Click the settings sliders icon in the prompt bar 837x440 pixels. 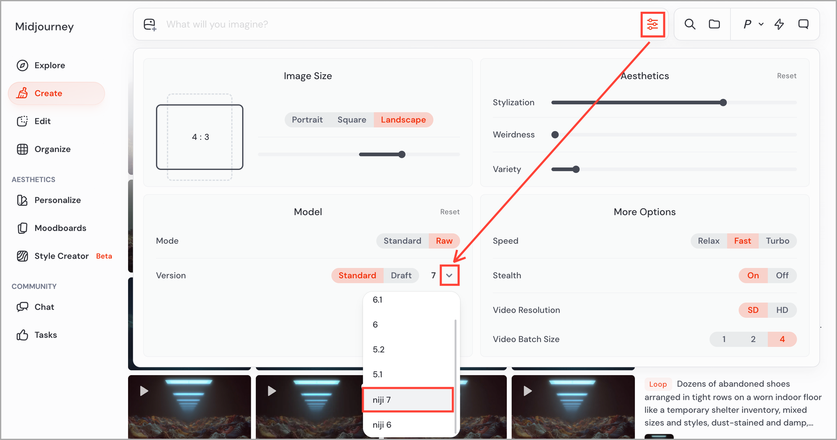tap(652, 24)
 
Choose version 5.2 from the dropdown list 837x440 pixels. tap(378, 350)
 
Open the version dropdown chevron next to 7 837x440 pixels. tap(449, 275)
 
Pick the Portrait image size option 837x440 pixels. tap(307, 120)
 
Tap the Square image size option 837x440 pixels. tap(352, 120)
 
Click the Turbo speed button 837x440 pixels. tap(778, 241)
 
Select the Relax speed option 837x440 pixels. tap(709, 241)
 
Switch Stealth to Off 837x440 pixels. tap(782, 275)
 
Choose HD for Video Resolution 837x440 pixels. tap(782, 310)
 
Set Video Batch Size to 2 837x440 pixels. tap(753, 339)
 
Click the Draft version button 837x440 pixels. tap(401, 275)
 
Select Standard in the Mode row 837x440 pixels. tap(402, 241)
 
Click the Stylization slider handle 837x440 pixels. tap(723, 103)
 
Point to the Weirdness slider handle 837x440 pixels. tap(555, 135)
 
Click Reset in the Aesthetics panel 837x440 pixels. tap(786, 76)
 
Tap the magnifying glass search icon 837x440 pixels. tap(690, 24)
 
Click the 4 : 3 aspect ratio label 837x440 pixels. tap(200, 137)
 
